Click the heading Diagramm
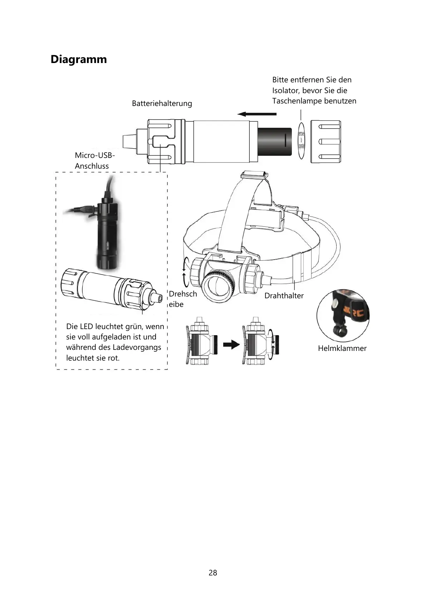79,59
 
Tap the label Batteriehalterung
162,103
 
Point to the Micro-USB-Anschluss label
94,160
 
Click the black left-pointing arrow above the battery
257,114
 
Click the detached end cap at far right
325,141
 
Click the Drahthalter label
284,296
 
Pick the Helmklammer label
342,348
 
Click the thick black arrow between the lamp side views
231,344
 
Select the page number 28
213,573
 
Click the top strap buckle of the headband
254,175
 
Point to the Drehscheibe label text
182,299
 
